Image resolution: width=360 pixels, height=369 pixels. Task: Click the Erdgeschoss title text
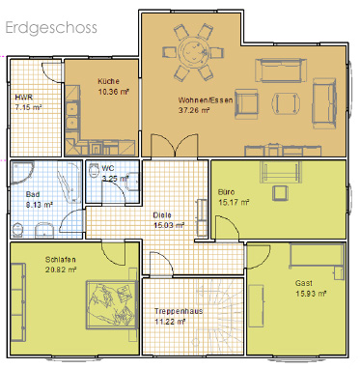click(51, 28)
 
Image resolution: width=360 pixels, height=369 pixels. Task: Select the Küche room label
click(109, 81)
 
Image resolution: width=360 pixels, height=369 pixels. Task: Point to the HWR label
click(24, 98)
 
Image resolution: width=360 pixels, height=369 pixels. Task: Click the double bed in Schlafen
click(112, 304)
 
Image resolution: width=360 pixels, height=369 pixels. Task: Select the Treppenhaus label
click(179, 311)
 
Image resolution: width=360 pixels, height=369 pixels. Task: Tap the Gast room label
click(304, 283)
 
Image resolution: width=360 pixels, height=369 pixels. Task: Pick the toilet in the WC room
click(94, 170)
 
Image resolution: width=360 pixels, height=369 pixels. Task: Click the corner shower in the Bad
click(21, 172)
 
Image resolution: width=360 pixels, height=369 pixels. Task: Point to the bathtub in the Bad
click(69, 182)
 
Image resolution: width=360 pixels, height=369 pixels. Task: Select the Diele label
click(162, 215)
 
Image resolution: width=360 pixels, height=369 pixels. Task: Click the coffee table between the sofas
click(286, 103)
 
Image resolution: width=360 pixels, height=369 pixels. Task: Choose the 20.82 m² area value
click(61, 270)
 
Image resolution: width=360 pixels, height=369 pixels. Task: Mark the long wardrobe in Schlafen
click(18, 302)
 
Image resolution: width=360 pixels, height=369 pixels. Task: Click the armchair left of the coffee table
click(246, 104)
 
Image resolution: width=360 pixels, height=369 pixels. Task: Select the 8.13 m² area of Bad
click(39, 205)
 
